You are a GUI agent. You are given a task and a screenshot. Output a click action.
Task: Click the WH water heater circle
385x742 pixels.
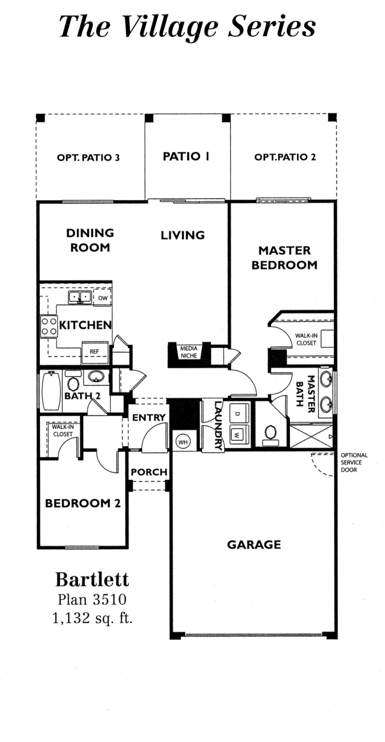tap(183, 442)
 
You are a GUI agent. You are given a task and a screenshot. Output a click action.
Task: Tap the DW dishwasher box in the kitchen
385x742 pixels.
tap(103, 298)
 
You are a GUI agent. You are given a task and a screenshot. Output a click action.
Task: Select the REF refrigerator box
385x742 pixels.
tap(94, 352)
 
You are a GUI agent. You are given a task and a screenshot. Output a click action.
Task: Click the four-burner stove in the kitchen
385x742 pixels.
tap(48, 326)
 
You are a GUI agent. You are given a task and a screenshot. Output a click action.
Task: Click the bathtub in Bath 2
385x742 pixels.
tap(50, 392)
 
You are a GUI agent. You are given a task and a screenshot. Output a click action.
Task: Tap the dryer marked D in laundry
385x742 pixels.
tap(237, 414)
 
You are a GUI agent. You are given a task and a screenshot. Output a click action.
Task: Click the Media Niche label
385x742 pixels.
tap(189, 352)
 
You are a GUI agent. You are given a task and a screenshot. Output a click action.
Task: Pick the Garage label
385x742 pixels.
tap(254, 544)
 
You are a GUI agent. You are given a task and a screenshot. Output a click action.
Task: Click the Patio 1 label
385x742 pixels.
tap(186, 156)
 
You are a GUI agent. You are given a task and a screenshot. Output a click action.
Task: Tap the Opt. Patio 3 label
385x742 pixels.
tap(88, 157)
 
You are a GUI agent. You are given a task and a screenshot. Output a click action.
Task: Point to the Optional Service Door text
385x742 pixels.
tap(354, 462)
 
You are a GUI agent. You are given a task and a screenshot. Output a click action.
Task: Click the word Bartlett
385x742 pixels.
tap(92, 580)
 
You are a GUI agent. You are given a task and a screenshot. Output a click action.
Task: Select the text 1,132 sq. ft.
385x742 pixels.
tap(93, 618)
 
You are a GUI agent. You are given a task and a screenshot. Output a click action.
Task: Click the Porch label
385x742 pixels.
tap(149, 472)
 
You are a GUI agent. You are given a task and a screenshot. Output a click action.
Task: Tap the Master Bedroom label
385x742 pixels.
tap(285, 258)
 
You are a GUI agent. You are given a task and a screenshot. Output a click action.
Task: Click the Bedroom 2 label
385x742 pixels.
tap(83, 503)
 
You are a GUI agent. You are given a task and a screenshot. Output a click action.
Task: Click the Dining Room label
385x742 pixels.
tap(90, 240)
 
